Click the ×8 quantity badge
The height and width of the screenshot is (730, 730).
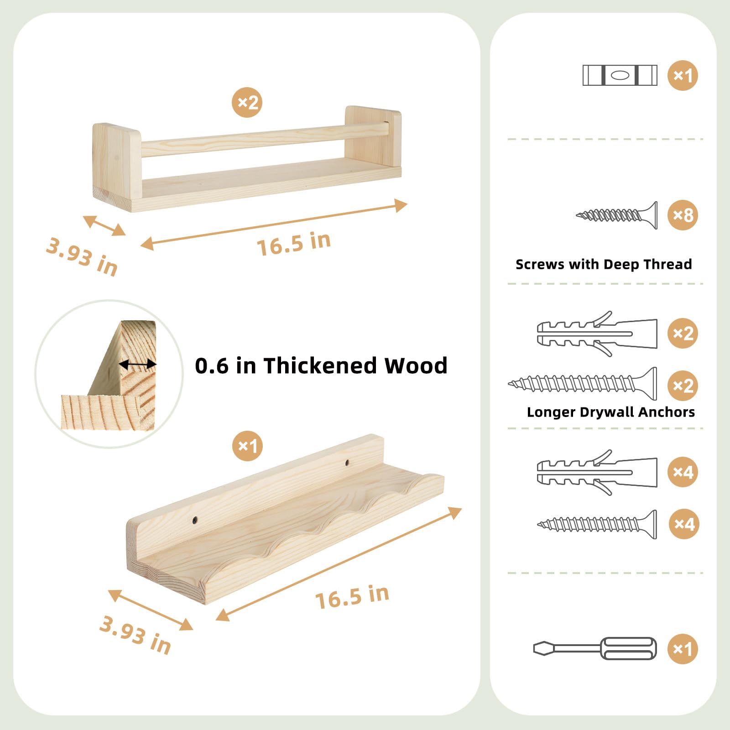pyautogui.click(x=683, y=215)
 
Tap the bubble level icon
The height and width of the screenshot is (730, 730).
pyautogui.click(x=620, y=75)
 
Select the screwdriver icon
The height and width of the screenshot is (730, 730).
pyautogui.click(x=595, y=648)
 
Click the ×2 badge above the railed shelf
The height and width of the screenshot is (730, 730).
pyautogui.click(x=247, y=102)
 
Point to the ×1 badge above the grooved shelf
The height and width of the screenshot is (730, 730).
pyautogui.click(x=247, y=446)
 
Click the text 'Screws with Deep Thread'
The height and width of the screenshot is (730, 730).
pyautogui.click(x=604, y=264)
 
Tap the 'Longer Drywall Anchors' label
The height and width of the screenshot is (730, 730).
pyautogui.click(x=611, y=412)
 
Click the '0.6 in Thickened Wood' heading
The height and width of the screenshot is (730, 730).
pyautogui.click(x=321, y=365)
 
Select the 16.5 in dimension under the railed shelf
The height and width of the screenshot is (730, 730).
pyautogui.click(x=294, y=243)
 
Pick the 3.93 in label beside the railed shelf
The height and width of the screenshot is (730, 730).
pyautogui.click(x=82, y=257)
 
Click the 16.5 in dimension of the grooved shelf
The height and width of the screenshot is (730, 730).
pyautogui.click(x=352, y=597)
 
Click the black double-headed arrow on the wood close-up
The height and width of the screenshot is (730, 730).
pyautogui.click(x=138, y=364)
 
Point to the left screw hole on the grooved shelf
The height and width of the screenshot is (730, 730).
pyautogui.click(x=195, y=520)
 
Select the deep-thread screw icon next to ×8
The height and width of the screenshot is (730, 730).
pyautogui.click(x=617, y=215)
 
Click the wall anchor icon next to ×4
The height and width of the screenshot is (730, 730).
pyautogui.click(x=597, y=472)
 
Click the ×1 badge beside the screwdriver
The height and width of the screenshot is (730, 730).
pyautogui.click(x=683, y=648)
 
